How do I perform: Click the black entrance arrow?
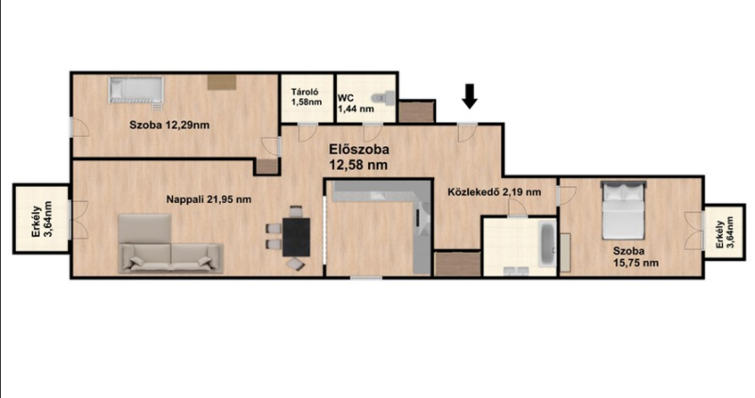469,96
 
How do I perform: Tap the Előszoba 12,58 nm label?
359,157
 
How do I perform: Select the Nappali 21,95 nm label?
209,199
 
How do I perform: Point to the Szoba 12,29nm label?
170,125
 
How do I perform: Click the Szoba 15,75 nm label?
635,257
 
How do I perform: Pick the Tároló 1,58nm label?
306,97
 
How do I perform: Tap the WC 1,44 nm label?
356,104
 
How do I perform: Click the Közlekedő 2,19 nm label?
494,192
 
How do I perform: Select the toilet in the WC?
386,98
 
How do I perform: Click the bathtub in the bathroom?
547,243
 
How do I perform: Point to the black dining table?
296,237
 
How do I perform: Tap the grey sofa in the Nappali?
171,243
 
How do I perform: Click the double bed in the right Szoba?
624,209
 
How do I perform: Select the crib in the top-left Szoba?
136,90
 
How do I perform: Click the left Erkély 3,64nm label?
42,220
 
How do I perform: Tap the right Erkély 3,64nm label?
725,232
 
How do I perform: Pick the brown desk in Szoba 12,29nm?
222,82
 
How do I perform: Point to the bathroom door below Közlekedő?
518,207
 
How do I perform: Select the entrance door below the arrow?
466,132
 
